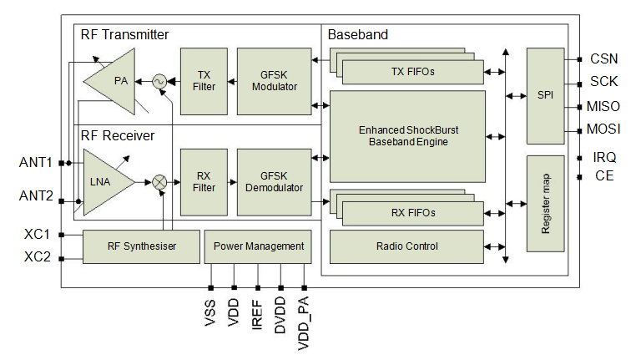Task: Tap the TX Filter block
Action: click(204, 81)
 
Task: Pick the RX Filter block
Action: click(204, 181)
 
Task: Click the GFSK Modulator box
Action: click(274, 81)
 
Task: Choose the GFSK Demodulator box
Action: click(274, 181)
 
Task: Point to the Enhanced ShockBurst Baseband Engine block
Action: click(408, 136)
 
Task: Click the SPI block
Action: click(546, 95)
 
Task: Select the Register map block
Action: click(546, 203)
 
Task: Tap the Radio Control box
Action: click(406, 246)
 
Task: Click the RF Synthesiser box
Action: click(142, 246)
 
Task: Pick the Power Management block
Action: click(258, 246)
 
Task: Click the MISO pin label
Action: click(604, 107)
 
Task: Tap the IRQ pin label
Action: click(604, 157)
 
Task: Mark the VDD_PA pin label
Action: click(305, 322)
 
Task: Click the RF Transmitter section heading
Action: click(124, 35)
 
